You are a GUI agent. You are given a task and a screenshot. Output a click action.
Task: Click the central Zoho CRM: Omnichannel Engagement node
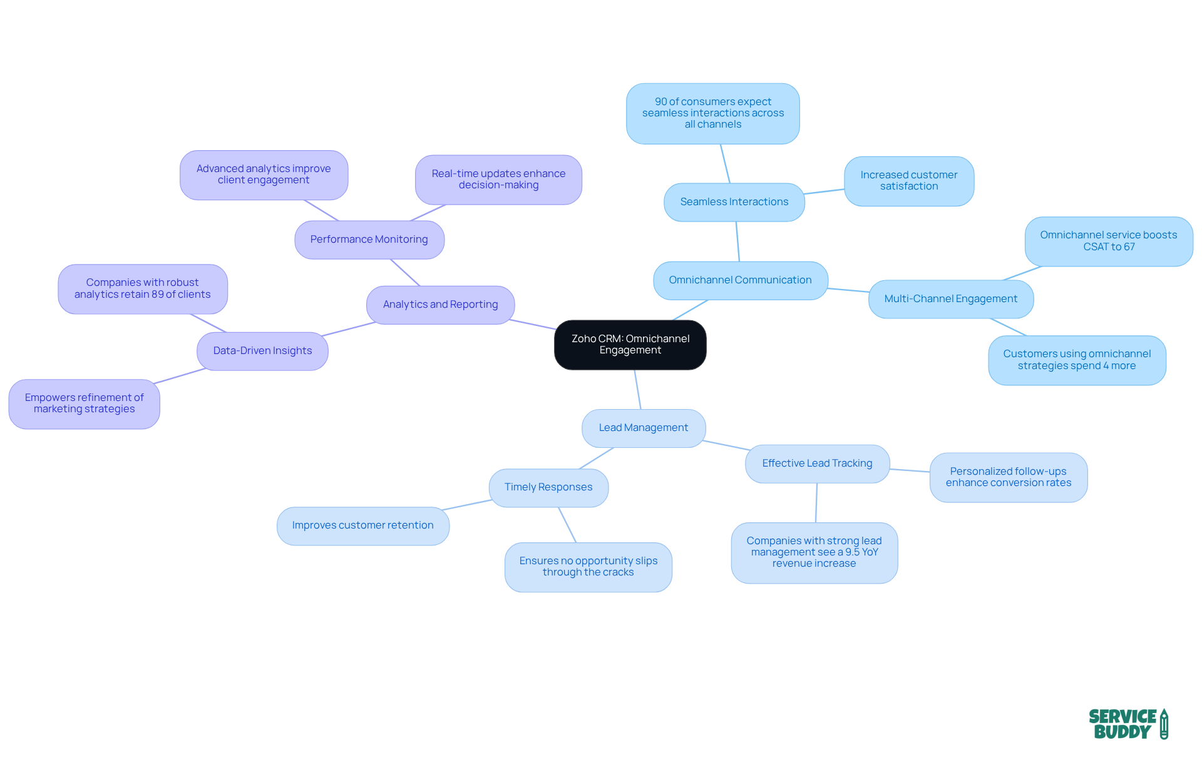630,345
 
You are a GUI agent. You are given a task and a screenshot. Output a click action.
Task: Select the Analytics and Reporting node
440,305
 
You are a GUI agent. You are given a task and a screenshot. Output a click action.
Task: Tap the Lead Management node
643,428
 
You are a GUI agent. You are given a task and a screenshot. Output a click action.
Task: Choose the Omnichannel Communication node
740,280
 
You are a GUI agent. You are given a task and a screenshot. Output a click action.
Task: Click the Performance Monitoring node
369,240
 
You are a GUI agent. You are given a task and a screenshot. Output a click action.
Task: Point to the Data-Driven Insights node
262,351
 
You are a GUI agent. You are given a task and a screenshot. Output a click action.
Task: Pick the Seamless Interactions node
734,202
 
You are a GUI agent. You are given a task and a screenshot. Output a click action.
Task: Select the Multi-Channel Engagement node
950,299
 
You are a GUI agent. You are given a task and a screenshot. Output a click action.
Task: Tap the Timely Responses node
548,487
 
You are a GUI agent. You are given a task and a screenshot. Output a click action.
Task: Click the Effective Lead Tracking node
817,464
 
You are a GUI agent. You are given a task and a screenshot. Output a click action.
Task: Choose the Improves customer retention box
362,525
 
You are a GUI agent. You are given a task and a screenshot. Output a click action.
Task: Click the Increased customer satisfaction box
908,181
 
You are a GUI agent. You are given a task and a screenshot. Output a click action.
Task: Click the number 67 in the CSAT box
1129,247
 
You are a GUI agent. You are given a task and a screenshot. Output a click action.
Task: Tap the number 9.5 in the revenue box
852,552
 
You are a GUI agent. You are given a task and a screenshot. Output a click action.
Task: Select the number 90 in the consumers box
660,102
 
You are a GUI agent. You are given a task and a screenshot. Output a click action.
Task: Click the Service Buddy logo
1128,724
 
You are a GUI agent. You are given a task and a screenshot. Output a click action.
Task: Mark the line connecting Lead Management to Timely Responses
597,458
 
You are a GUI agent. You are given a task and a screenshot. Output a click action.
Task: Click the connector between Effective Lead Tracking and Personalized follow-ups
910,470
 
